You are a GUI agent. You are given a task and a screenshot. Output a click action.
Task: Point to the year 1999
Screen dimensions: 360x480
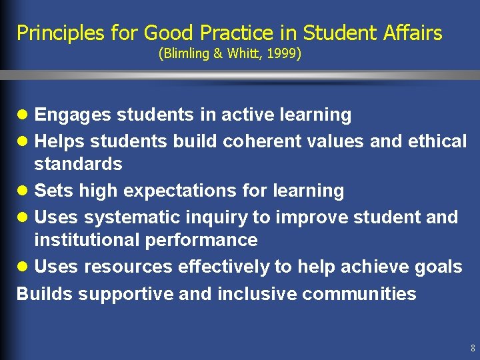point(283,53)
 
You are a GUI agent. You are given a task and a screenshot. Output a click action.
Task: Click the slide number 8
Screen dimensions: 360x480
point(472,348)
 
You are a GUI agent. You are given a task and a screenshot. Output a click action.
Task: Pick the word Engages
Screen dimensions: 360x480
point(73,115)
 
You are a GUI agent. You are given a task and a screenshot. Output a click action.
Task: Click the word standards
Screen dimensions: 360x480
point(78,164)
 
